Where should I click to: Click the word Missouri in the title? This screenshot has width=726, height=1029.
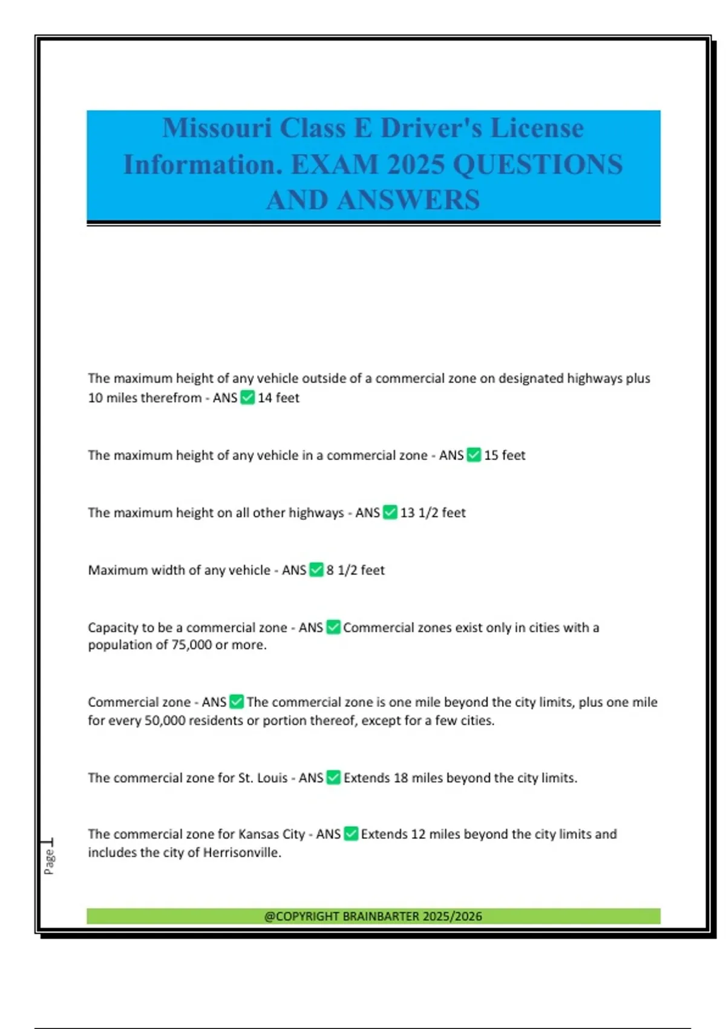click(x=217, y=128)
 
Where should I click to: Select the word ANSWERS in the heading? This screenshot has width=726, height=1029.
click(x=408, y=200)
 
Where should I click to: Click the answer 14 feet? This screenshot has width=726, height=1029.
click(x=278, y=398)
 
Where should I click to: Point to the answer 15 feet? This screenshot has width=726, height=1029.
click(x=505, y=455)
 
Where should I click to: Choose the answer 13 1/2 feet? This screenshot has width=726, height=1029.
click(x=433, y=513)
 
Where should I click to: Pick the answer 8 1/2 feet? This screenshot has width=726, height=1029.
click(x=355, y=570)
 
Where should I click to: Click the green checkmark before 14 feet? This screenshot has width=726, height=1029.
click(x=247, y=398)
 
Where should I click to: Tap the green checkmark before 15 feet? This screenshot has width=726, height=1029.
click(x=474, y=455)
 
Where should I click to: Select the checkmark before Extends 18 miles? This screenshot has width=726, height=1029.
click(x=333, y=778)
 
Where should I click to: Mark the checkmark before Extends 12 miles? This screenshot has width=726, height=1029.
click(x=351, y=834)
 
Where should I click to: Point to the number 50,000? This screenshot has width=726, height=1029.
click(x=165, y=721)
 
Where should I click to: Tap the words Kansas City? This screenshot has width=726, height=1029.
click(x=272, y=834)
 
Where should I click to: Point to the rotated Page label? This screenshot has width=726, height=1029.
click(x=49, y=861)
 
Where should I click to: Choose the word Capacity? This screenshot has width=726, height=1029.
click(x=113, y=628)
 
